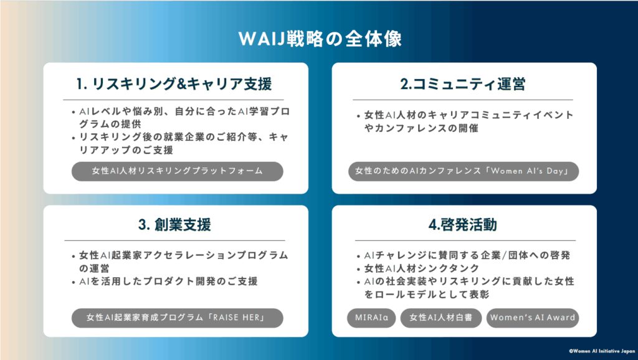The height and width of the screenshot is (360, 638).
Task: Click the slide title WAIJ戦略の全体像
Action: tap(320, 39)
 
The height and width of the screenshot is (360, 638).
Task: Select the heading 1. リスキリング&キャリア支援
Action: tap(174, 84)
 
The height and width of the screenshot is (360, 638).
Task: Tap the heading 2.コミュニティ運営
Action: tap(463, 84)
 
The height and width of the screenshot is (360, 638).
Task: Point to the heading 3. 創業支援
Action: tap(174, 225)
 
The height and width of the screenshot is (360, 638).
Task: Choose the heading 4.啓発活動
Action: tap(463, 225)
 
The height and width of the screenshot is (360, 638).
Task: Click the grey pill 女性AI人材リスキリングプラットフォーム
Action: tap(178, 171)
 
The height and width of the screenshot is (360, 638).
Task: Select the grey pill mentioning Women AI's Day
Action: tap(464, 171)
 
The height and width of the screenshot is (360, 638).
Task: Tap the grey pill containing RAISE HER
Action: tap(178, 318)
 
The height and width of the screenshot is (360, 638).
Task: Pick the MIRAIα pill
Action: tap(371, 318)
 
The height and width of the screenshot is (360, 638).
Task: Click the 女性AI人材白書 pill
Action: tap(441, 318)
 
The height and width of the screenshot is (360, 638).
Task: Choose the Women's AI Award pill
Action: tap(533, 318)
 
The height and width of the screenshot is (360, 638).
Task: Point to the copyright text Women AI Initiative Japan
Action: tap(602, 351)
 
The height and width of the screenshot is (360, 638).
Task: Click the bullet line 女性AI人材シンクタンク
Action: tap(422, 268)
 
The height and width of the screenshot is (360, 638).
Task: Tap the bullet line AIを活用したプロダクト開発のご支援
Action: tap(168, 282)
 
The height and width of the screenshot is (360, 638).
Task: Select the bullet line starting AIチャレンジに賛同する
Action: tap(467, 255)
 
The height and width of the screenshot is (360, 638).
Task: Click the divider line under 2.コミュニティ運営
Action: tap(463, 100)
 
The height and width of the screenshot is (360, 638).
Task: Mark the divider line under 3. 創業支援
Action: tap(175, 240)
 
